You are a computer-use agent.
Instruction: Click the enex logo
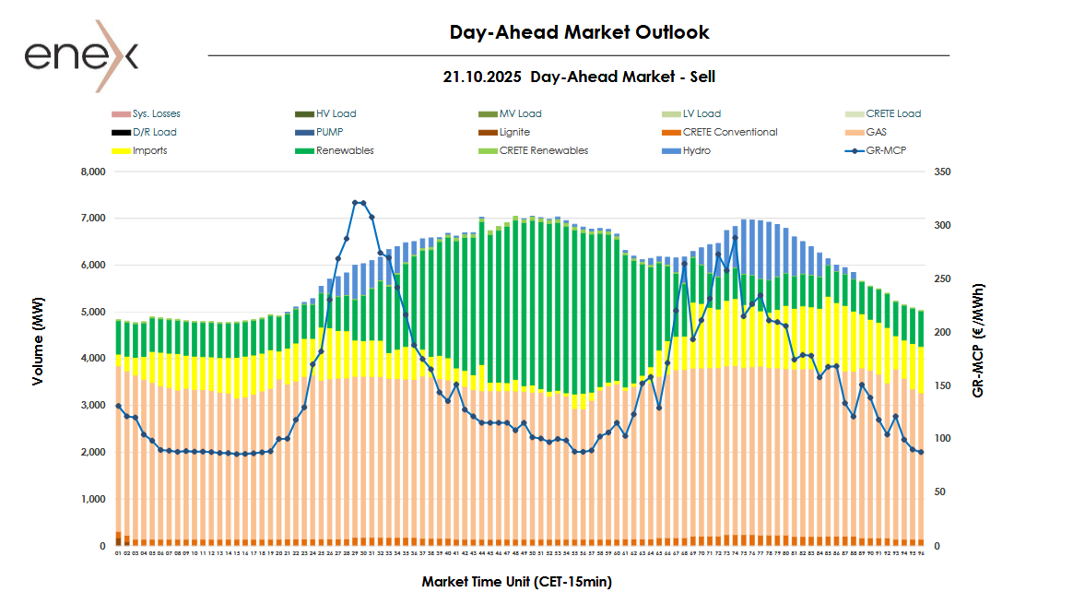pyautogui.click(x=81, y=56)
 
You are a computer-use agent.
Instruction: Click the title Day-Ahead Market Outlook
pyautogui.click(x=579, y=32)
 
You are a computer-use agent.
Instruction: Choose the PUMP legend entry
pyautogui.click(x=329, y=132)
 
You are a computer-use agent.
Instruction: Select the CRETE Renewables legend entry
pyautogui.click(x=543, y=150)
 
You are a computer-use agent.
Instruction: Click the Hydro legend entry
pyautogui.click(x=696, y=150)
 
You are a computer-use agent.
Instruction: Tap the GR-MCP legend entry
pyautogui.click(x=886, y=150)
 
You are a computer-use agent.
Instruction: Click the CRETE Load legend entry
pyautogui.click(x=892, y=114)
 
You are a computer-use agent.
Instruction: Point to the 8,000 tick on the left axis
pyautogui.click(x=94, y=172)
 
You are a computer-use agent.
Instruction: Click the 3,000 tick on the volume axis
pyautogui.click(x=94, y=406)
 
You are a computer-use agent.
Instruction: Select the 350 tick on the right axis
pyautogui.click(x=941, y=172)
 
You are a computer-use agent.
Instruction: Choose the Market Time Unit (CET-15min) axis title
pyautogui.click(x=516, y=582)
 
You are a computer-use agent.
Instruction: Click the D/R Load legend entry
pyautogui.click(x=154, y=132)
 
